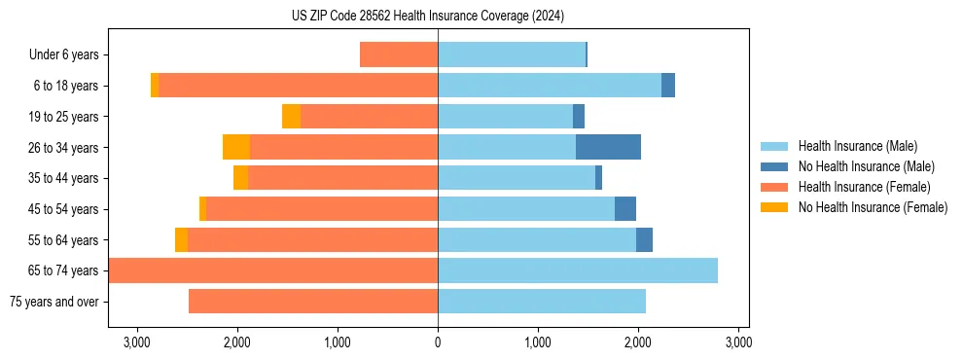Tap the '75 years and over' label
(x=53, y=302)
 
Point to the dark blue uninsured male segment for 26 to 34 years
(x=608, y=147)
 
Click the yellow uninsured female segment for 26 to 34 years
(x=236, y=147)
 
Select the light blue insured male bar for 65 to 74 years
(x=578, y=270)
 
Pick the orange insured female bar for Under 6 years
(x=399, y=54)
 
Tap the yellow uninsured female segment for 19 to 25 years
(x=291, y=117)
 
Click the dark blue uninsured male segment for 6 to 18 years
(x=668, y=86)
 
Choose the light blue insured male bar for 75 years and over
(x=542, y=302)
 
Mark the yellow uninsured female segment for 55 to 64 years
(x=181, y=239)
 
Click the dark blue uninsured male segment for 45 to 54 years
(x=625, y=209)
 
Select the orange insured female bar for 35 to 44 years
(x=342, y=178)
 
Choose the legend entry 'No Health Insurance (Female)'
(x=873, y=207)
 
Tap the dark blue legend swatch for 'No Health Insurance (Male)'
(x=775, y=166)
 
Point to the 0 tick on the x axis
(x=438, y=342)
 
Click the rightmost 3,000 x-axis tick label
(x=738, y=342)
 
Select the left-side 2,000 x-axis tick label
(x=237, y=342)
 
